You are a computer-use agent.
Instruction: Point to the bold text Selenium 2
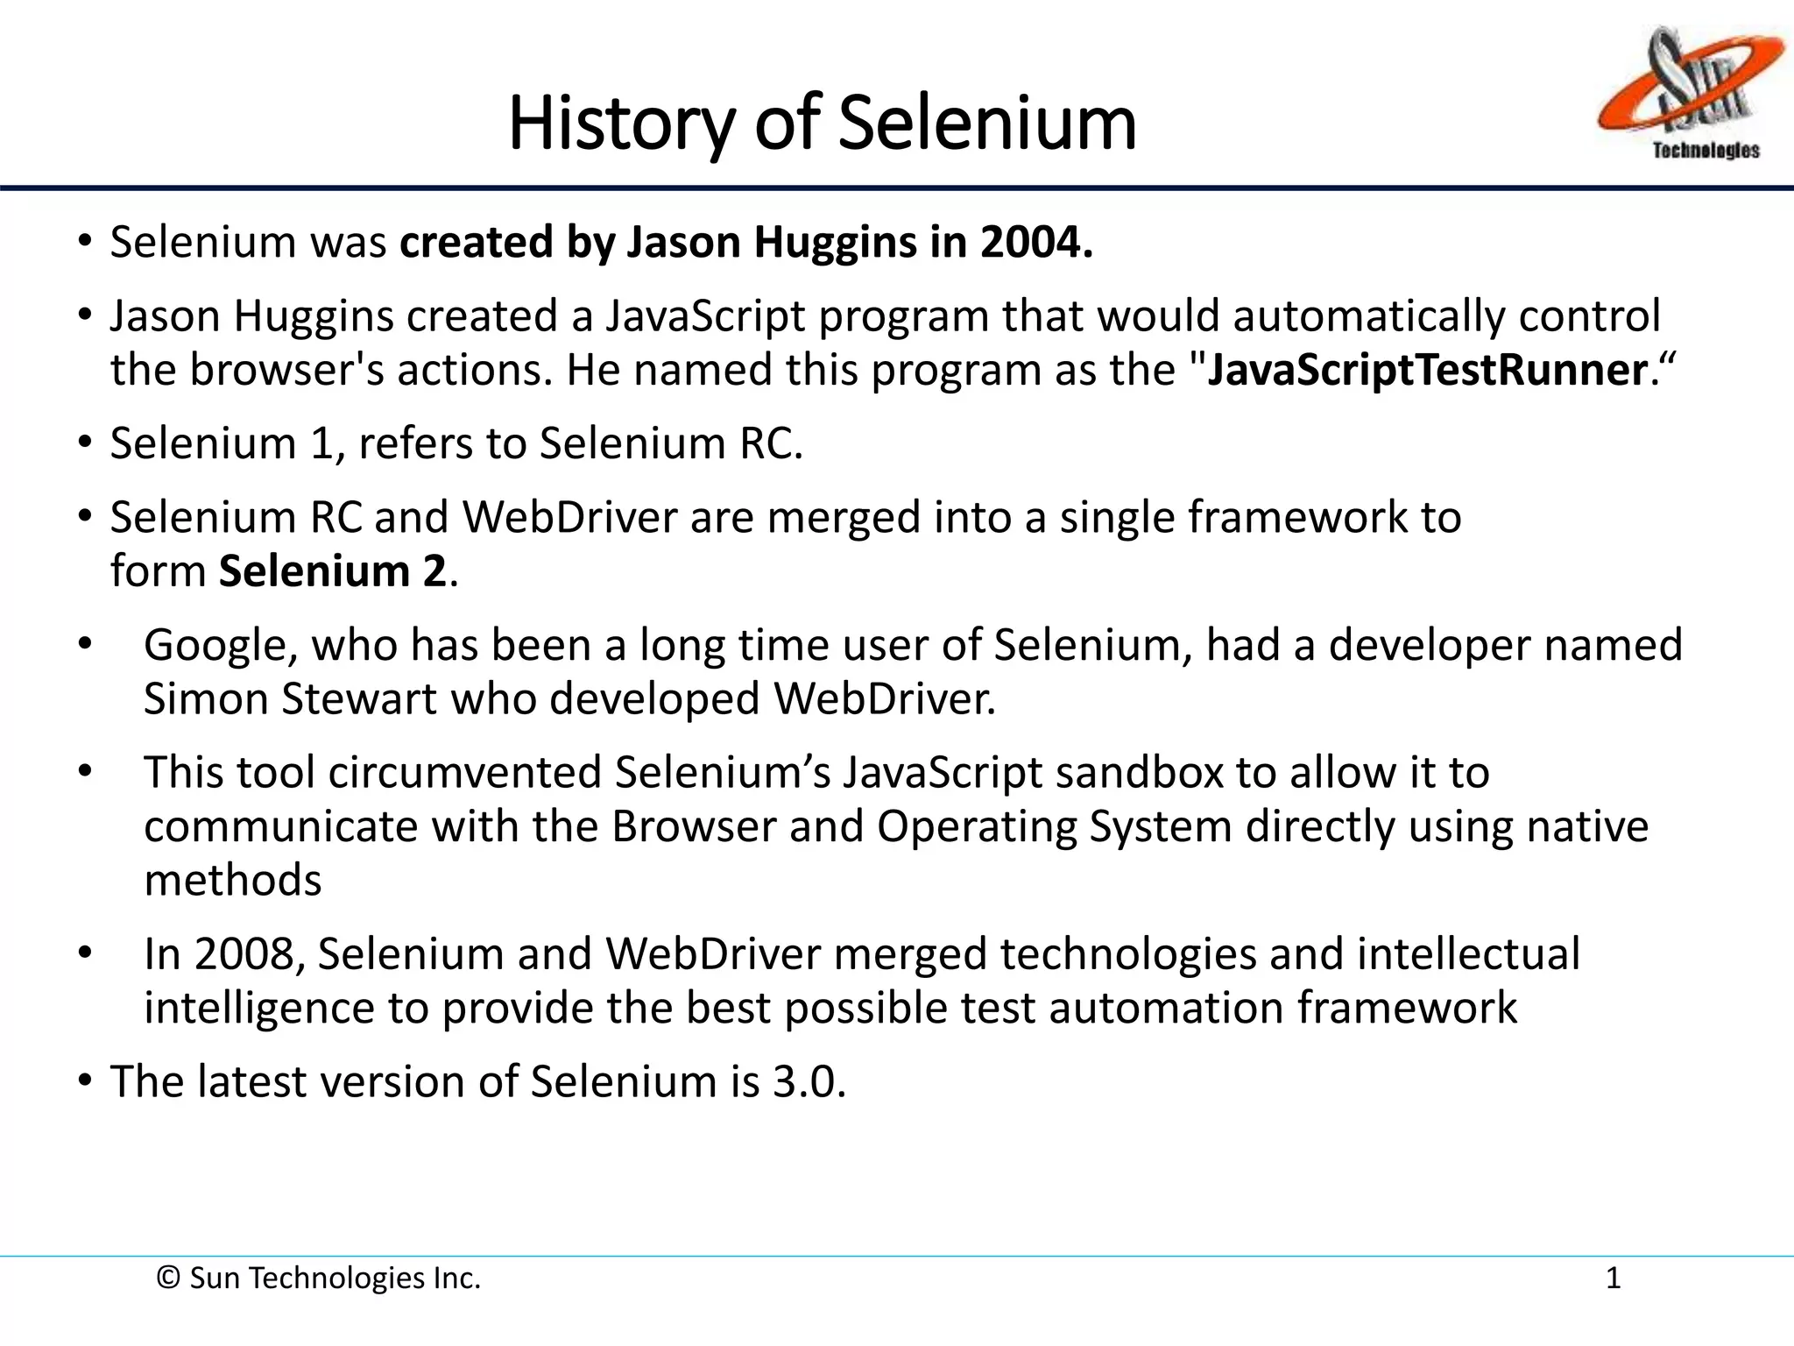[333, 571]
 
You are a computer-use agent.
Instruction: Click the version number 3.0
[808, 1081]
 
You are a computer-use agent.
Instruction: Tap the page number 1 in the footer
[1613, 1279]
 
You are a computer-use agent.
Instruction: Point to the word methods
[233, 881]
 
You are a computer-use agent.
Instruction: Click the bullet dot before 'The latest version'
[84, 1080]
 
